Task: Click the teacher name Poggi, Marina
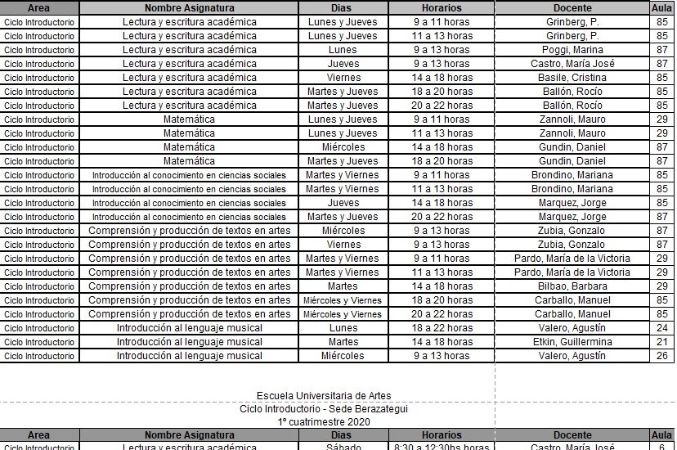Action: [572, 50]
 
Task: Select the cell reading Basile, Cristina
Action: [572, 78]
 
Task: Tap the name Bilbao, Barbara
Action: [572, 286]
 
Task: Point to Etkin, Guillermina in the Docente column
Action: [572, 342]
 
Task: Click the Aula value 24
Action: [661, 328]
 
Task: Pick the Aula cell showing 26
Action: [661, 356]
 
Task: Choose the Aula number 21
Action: [661, 342]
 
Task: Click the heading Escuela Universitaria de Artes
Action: [324, 396]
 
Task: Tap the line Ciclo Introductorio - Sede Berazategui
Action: [324, 409]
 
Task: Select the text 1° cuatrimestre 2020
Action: [324, 421]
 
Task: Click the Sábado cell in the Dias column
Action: [343, 447]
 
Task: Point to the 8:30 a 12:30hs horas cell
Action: [442, 447]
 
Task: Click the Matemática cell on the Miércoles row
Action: [189, 147]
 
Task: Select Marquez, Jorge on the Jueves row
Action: [572, 203]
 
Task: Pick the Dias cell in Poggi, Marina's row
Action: [343, 50]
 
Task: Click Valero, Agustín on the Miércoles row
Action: [572, 356]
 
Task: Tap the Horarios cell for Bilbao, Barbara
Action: [442, 286]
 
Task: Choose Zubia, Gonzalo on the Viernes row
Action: [572, 245]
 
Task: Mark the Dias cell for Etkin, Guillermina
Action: [343, 342]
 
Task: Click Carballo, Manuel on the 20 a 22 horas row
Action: [572, 314]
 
